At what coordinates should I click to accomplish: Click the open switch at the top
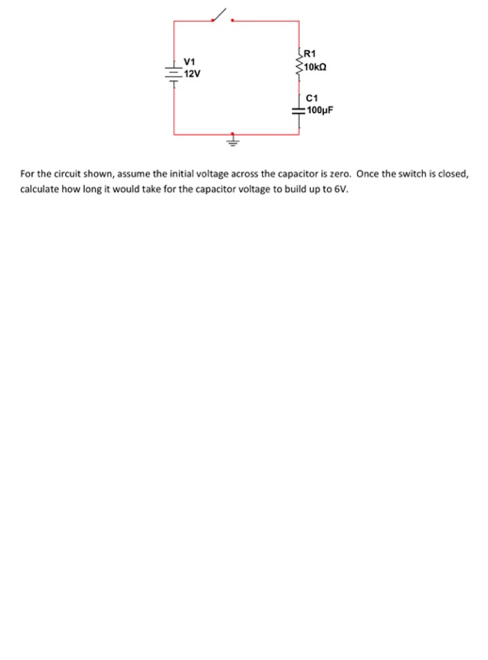click(x=220, y=16)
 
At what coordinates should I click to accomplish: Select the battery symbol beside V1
click(x=172, y=72)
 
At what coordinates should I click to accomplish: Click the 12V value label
click(x=191, y=74)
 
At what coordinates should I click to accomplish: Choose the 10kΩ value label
click(x=317, y=68)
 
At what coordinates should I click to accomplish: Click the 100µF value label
click(x=321, y=110)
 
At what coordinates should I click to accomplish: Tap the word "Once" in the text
click(x=369, y=175)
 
